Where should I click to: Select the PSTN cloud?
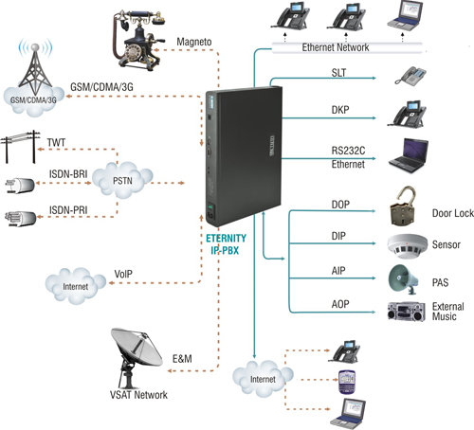(122, 180)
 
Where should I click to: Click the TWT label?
(56, 143)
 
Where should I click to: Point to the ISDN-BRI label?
(68, 174)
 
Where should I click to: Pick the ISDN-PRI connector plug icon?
(21, 218)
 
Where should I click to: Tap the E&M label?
(182, 359)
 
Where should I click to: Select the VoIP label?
(123, 274)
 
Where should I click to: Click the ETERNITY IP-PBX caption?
(226, 244)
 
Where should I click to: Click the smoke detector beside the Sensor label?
(408, 245)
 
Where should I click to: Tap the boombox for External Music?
(407, 312)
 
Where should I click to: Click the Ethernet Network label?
(336, 47)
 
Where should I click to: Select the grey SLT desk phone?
(410, 76)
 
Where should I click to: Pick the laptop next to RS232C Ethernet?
(409, 155)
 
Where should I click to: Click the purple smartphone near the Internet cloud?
(347, 382)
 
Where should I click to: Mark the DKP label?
(340, 110)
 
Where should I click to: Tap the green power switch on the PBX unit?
(210, 207)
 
